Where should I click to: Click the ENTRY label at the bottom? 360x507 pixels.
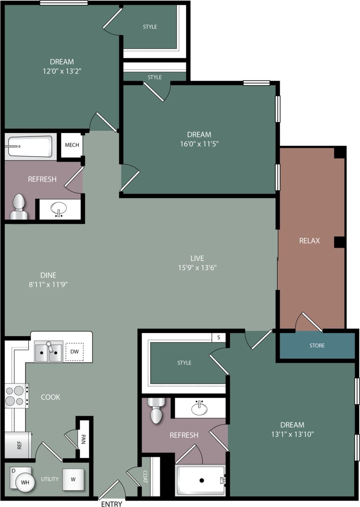pyautogui.click(x=111, y=504)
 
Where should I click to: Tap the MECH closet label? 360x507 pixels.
pyautogui.click(x=72, y=145)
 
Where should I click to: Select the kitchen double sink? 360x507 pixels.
pyautogui.click(x=48, y=352)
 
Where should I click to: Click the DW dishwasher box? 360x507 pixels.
pyautogui.click(x=74, y=352)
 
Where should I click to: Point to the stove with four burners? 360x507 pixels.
pyautogui.click(x=15, y=396)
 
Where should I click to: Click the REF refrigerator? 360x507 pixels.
pyautogui.click(x=18, y=445)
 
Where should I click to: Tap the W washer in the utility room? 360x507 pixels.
pyautogui.click(x=73, y=480)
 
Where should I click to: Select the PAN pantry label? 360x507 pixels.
pyautogui.click(x=84, y=438)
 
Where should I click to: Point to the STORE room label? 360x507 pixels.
pyautogui.click(x=317, y=346)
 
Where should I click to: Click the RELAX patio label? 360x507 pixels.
pyautogui.click(x=310, y=241)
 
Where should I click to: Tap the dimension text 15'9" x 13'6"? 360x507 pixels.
pyautogui.click(x=197, y=267)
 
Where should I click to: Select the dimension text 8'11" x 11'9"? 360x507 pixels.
pyautogui.click(x=48, y=284)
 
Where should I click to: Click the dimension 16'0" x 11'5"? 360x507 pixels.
pyautogui.click(x=199, y=143)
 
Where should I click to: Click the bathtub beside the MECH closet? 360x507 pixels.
pyautogui.click(x=30, y=146)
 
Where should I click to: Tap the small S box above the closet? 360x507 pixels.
pyautogui.click(x=218, y=337)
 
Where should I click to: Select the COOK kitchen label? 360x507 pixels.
pyautogui.click(x=50, y=397)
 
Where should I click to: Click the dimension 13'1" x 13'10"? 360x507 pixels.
pyautogui.click(x=292, y=434)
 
